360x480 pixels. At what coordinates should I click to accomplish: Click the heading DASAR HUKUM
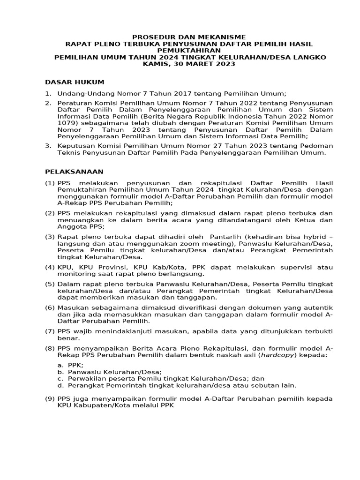click(75, 82)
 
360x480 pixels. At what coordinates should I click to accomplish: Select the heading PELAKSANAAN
click(74, 172)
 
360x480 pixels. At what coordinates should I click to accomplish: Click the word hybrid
click(315, 236)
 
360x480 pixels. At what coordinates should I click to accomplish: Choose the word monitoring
click(75, 274)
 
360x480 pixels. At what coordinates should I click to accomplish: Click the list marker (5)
click(50, 284)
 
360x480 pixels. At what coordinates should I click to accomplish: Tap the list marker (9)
click(50, 399)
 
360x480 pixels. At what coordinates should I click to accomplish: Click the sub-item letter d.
click(60, 385)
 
